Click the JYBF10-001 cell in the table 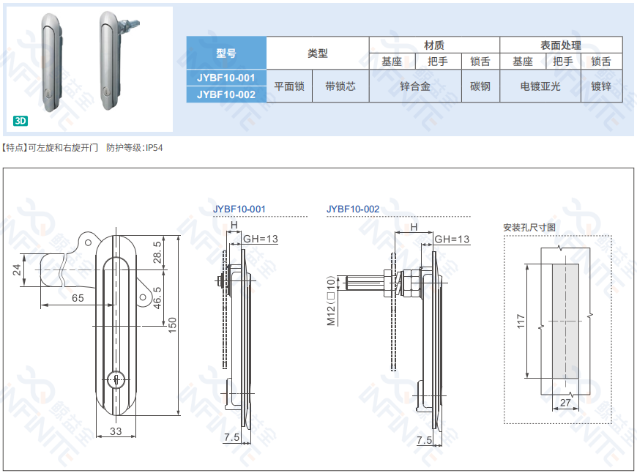click(x=226, y=78)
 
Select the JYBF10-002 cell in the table click(x=226, y=94)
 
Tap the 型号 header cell click(x=226, y=53)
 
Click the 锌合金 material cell click(x=414, y=86)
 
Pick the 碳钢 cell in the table click(x=480, y=86)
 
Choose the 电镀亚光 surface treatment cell click(x=540, y=86)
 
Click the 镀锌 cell click(x=601, y=86)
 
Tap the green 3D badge click(x=21, y=121)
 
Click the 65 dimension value click(x=78, y=298)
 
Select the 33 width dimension click(x=116, y=431)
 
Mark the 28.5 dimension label click(x=157, y=253)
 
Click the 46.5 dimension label click(x=157, y=297)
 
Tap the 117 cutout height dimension click(x=521, y=321)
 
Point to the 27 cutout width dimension click(x=565, y=402)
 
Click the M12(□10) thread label click(x=330, y=300)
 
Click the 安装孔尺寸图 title click(x=529, y=227)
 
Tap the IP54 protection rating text click(x=154, y=148)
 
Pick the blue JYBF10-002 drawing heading click(x=353, y=209)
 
